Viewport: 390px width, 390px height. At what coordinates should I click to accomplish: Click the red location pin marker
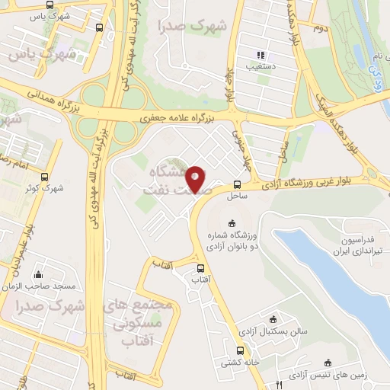click(x=195, y=178)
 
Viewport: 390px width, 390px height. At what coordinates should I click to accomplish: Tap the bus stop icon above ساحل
click(x=238, y=184)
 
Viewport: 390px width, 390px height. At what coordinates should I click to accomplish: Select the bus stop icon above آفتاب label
click(x=200, y=268)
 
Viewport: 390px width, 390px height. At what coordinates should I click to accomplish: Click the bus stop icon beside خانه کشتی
click(x=241, y=351)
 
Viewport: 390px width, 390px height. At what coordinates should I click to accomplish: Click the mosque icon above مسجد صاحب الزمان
click(x=38, y=274)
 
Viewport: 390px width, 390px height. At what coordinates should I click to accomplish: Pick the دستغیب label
click(x=261, y=67)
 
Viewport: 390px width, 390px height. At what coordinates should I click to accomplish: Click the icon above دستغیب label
click(x=261, y=56)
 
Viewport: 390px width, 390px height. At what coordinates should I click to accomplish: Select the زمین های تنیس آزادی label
click(x=330, y=374)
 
